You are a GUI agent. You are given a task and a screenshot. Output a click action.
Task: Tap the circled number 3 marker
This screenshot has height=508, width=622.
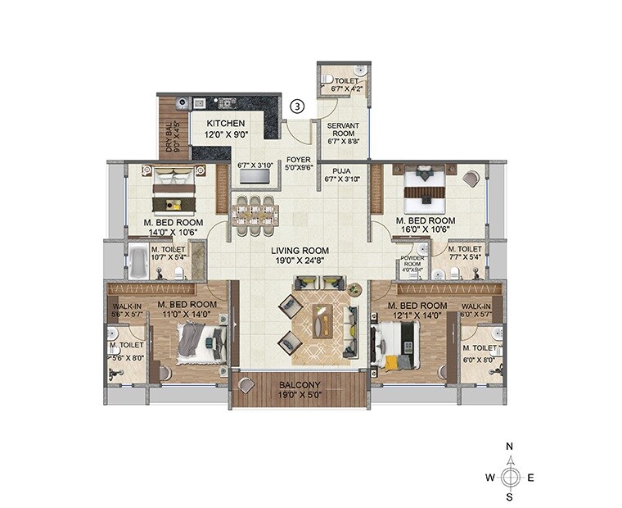(x=298, y=106)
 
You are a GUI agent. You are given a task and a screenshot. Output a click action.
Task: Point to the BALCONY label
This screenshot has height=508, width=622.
(x=300, y=384)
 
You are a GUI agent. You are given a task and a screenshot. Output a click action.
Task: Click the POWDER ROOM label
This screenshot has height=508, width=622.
(x=410, y=261)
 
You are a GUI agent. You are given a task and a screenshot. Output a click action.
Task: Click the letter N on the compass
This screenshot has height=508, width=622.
(x=509, y=447)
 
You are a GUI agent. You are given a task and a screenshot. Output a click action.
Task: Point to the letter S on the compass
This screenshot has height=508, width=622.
(x=509, y=496)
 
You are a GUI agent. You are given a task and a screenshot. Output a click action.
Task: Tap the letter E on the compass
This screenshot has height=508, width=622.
(x=530, y=477)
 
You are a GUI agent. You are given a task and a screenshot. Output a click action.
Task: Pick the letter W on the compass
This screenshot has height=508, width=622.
(x=489, y=477)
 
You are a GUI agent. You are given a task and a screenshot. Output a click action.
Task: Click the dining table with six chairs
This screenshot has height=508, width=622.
(x=253, y=211)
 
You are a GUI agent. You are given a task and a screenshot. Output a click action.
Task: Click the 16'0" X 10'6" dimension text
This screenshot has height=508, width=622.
(x=425, y=230)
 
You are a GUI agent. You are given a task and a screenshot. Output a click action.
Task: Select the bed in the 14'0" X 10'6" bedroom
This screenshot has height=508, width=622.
(x=174, y=189)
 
